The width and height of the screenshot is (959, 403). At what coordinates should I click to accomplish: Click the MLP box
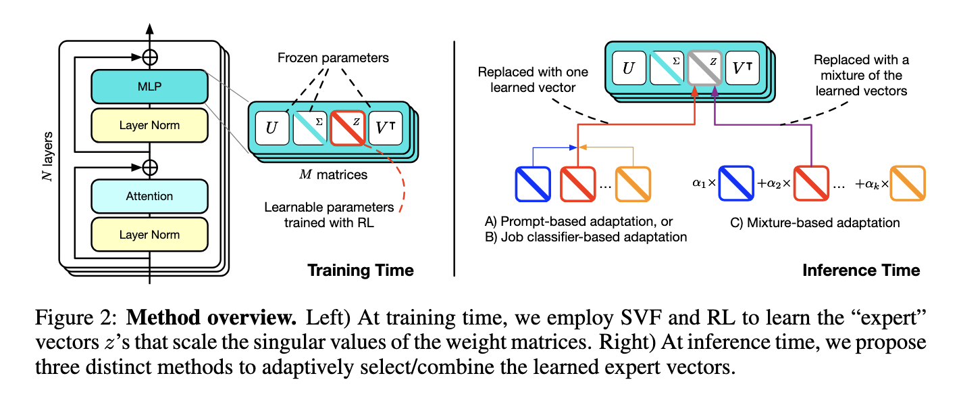click(x=149, y=86)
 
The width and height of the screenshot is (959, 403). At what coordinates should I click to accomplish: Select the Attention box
click(x=149, y=196)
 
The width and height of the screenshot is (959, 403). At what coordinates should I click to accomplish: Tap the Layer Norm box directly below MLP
click(x=149, y=125)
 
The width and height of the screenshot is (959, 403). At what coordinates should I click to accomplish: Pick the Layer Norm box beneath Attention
click(x=149, y=235)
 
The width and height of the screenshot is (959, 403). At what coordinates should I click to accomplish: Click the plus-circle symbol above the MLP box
click(x=150, y=57)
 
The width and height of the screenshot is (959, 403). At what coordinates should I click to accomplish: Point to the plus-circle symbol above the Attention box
click(x=150, y=168)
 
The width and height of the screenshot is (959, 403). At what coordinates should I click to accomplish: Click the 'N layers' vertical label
click(x=47, y=156)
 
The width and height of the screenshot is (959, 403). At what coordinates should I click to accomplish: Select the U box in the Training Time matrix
click(x=272, y=128)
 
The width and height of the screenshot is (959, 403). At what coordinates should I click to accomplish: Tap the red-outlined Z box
click(x=348, y=128)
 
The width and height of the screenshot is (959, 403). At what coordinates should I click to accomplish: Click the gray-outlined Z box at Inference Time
click(x=704, y=68)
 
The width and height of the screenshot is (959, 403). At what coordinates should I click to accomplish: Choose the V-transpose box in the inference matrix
click(x=742, y=68)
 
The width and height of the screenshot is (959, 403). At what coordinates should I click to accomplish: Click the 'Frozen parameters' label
click(x=333, y=58)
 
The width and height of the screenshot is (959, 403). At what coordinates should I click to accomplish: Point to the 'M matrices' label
click(x=333, y=174)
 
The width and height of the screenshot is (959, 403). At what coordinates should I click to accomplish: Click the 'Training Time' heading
click(x=361, y=270)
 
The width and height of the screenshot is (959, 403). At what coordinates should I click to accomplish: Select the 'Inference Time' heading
click(x=861, y=270)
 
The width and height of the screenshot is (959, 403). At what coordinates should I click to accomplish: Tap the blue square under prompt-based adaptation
click(x=533, y=184)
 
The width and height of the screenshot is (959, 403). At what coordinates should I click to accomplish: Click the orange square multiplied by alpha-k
click(x=908, y=183)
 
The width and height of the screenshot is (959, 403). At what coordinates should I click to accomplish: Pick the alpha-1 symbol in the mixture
click(x=698, y=183)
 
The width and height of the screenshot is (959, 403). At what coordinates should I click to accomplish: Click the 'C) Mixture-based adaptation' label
click(x=814, y=223)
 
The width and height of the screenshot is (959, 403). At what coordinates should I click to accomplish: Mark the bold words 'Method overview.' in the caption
click(x=211, y=318)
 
